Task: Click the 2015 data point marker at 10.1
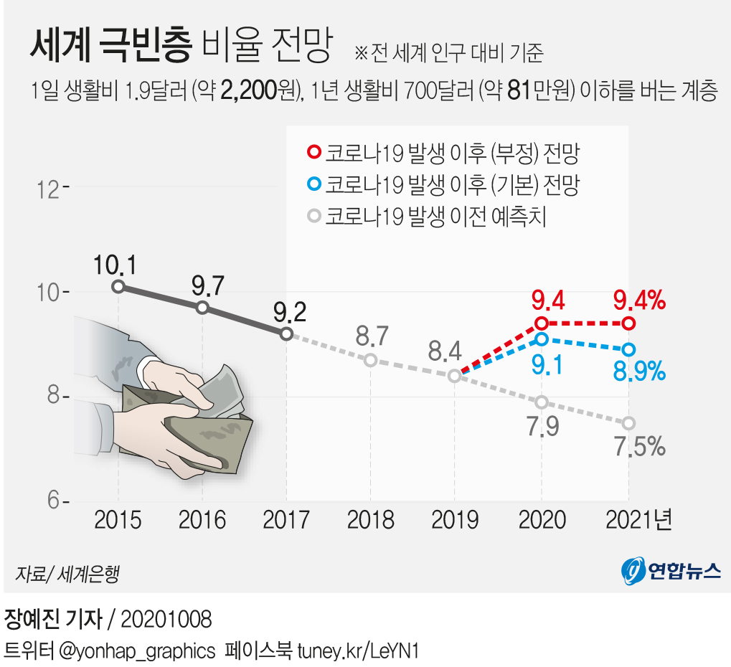tap(118, 287)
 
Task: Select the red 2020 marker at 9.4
tap(542, 323)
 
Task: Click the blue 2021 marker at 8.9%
tap(628, 349)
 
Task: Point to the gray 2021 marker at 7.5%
tap(628, 423)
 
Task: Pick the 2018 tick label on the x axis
tap(370, 519)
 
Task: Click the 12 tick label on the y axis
tap(49, 188)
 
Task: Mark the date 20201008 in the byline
tap(166, 619)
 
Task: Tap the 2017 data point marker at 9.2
tap(286, 333)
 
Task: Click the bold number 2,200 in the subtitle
tap(250, 91)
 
